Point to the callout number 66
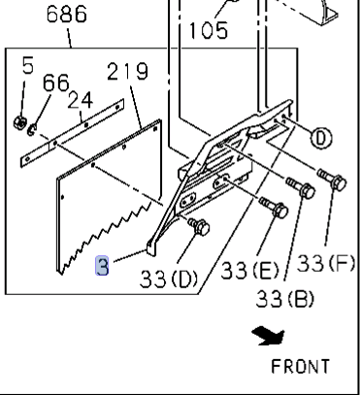click(55, 82)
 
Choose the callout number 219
click(127, 73)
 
